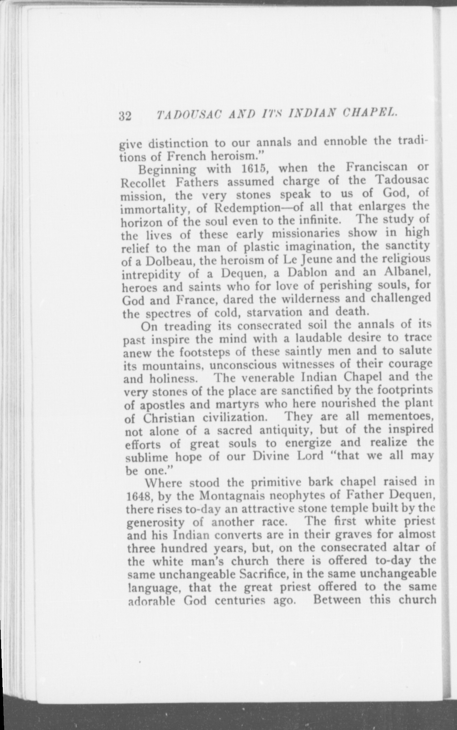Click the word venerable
click(268, 378)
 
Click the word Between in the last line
click(336, 600)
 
